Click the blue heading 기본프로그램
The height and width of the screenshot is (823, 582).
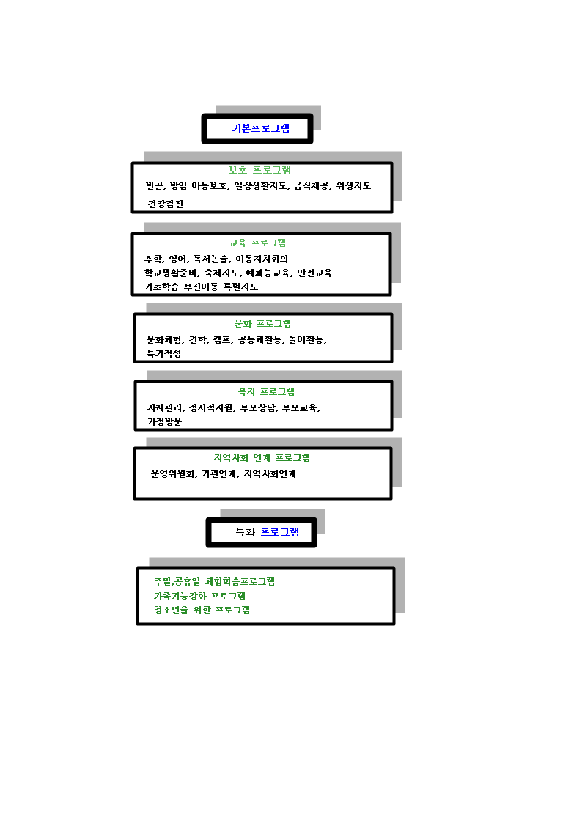[x=260, y=128]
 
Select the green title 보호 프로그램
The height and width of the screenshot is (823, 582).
[x=259, y=170]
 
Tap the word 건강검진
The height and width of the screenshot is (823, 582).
[x=166, y=204]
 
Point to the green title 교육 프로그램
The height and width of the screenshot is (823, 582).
[x=257, y=243]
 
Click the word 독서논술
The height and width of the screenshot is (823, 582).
[x=210, y=259]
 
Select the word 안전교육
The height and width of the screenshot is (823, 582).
[x=314, y=273]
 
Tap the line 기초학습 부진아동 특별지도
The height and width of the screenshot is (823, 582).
[x=201, y=287]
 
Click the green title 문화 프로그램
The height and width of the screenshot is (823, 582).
[x=262, y=323]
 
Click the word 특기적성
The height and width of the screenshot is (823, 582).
[x=163, y=353]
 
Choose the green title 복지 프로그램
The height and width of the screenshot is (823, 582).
[x=266, y=391]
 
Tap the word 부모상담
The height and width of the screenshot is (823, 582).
[x=258, y=407]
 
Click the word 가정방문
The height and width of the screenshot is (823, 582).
[x=164, y=421]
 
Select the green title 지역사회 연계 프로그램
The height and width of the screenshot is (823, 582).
[x=262, y=458]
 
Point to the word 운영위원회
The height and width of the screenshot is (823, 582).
[x=173, y=473]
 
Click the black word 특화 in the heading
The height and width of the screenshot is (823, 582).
[x=245, y=532]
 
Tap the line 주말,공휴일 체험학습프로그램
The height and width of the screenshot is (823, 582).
[x=214, y=582]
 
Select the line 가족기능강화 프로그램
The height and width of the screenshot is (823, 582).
[x=199, y=596]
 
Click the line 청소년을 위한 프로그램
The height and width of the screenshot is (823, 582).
[x=202, y=610]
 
